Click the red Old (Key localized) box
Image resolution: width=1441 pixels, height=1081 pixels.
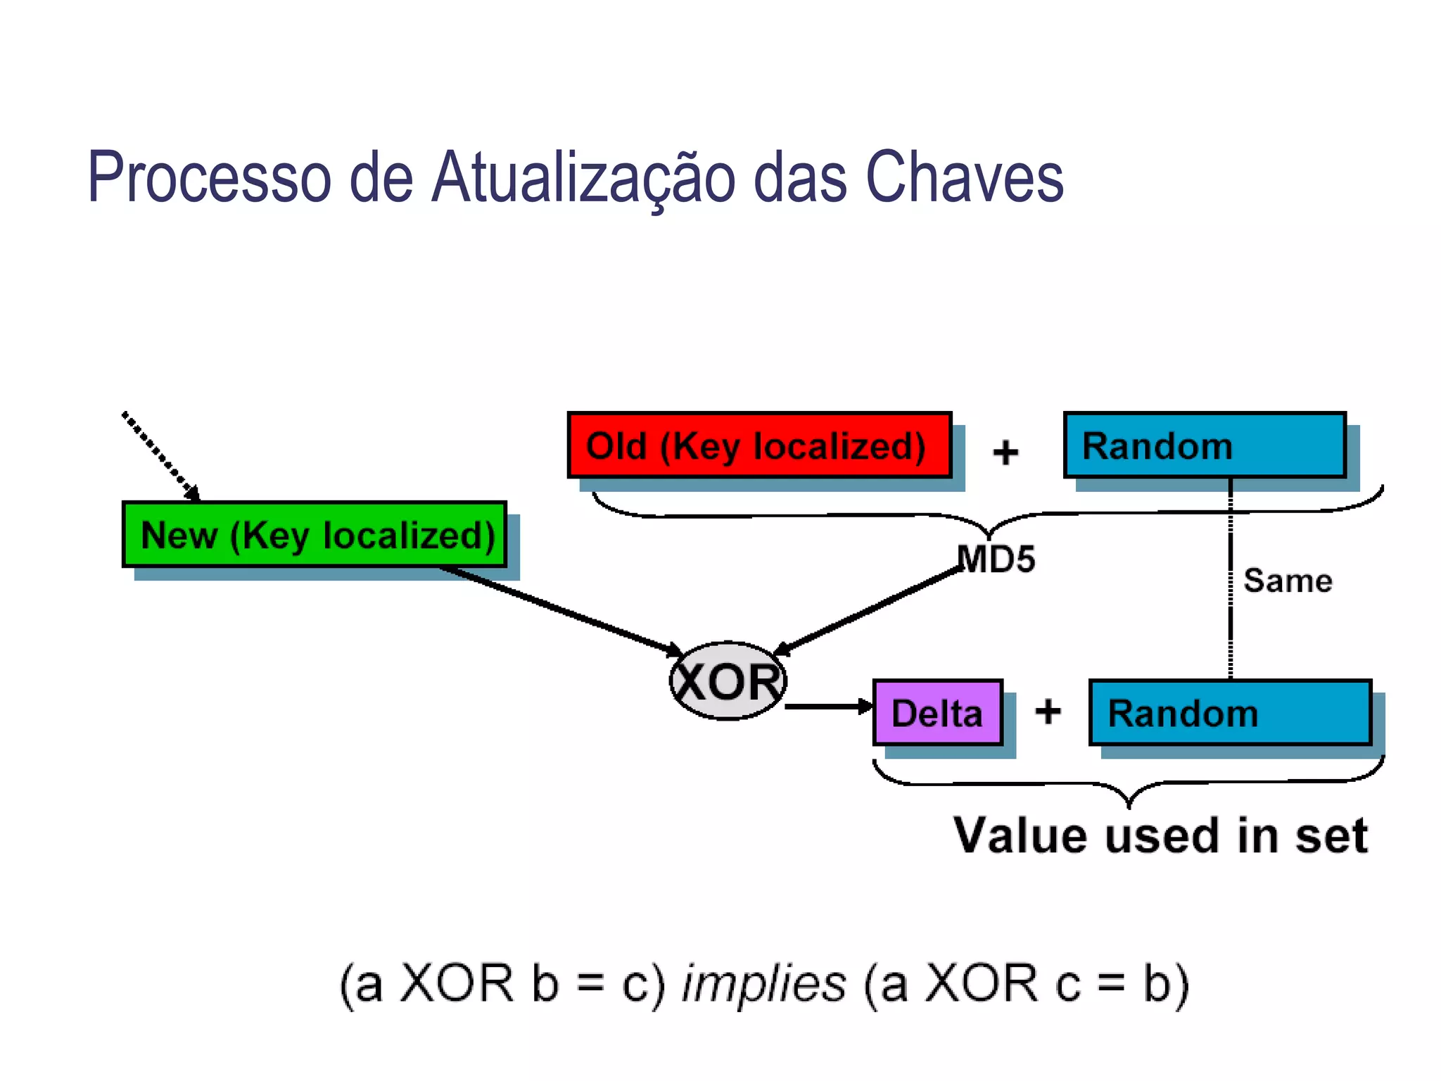[x=759, y=445]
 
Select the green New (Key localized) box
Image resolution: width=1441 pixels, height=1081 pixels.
[x=315, y=534]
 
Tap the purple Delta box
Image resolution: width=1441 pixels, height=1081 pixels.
[x=937, y=712]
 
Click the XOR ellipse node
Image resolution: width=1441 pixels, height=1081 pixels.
[x=728, y=681]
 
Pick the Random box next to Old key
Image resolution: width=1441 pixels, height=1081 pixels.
[x=1205, y=445]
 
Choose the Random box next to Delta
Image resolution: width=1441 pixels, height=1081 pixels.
[x=1230, y=712]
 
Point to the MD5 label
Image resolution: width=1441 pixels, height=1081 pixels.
[x=996, y=560]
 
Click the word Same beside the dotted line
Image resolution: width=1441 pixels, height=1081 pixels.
[x=1288, y=581]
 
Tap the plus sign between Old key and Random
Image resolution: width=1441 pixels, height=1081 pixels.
[x=1005, y=452]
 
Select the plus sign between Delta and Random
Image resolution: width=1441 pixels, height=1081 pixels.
[x=1048, y=711]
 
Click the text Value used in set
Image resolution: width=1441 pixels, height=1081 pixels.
[x=1160, y=835]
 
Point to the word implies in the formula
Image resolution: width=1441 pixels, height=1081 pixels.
[x=763, y=983]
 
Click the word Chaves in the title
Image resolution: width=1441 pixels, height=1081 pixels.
[x=964, y=177]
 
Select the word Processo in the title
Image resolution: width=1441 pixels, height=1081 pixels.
[x=209, y=177]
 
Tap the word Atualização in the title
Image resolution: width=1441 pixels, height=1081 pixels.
[x=584, y=177]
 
